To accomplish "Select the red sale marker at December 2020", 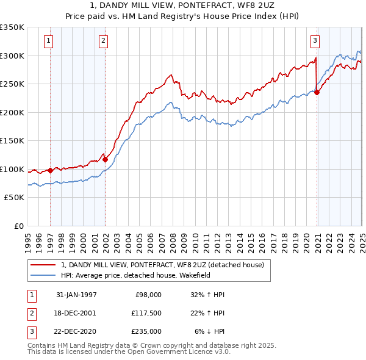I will [317, 93].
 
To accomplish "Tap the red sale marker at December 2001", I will [106, 159].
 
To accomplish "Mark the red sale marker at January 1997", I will [50, 170].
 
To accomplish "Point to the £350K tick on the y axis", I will [12, 27].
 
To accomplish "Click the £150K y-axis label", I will [12, 141].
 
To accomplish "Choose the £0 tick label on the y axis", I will [18, 226].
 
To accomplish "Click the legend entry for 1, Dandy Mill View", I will [162, 265].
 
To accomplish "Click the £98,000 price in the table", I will [148, 294].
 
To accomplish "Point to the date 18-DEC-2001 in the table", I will [76, 313].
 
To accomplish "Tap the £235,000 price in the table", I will [146, 331].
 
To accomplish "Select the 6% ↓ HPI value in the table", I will [209, 331].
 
